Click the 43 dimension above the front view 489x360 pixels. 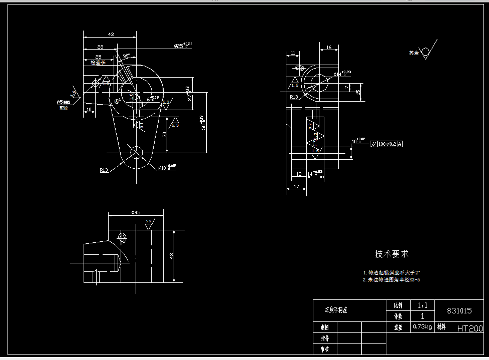tap(111, 34)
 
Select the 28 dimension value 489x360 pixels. tap(101, 46)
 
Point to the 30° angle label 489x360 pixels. tap(126, 55)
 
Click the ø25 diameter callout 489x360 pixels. tap(183, 46)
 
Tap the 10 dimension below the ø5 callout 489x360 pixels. tap(89, 109)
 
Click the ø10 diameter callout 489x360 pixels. tap(167, 167)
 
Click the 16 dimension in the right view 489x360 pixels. tap(328, 48)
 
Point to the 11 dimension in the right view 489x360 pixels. tap(293, 52)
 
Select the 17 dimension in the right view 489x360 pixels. tap(296, 186)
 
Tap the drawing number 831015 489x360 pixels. tap(459, 310)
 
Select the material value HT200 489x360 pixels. tap(469, 328)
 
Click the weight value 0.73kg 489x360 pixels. tap(422, 327)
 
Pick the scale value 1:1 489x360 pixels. tap(422, 305)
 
